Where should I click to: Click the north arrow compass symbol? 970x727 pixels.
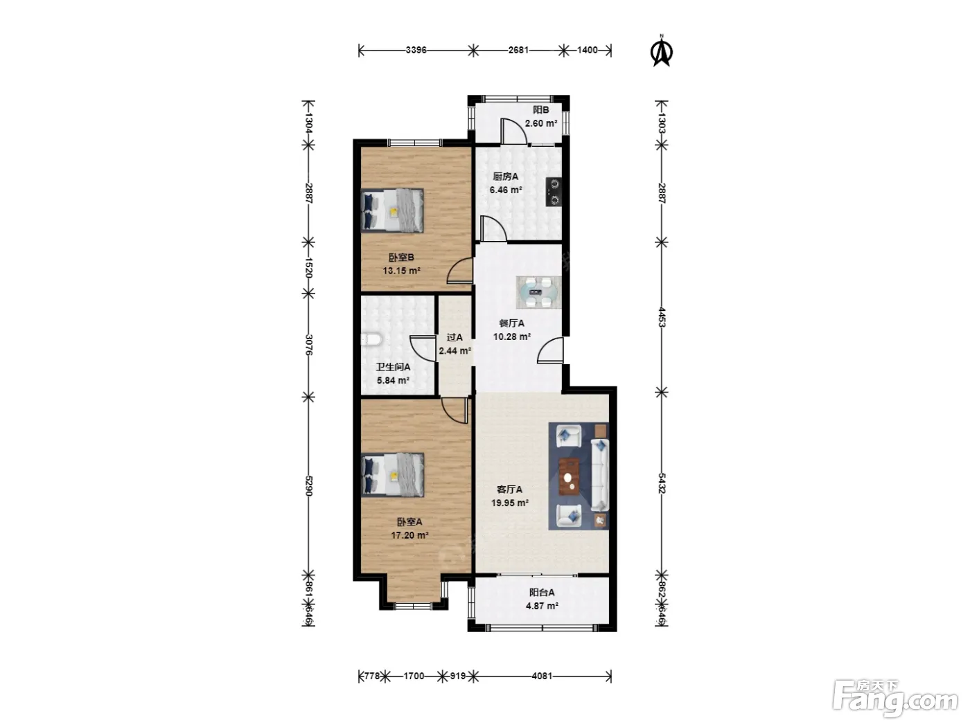tap(661, 52)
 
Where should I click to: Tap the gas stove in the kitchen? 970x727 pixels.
tap(554, 192)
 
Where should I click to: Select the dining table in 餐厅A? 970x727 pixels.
tap(538, 292)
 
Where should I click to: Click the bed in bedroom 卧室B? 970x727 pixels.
tap(392, 210)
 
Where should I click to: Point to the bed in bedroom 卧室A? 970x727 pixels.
tap(392, 475)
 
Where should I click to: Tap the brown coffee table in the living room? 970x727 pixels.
tap(570, 477)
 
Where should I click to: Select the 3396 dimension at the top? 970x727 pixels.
tap(416, 50)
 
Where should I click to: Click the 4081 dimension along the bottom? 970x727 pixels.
tap(542, 676)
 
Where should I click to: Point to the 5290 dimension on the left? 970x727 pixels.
tap(309, 485)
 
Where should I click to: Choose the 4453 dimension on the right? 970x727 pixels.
tap(662, 317)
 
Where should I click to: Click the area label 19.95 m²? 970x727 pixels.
tap(510, 503)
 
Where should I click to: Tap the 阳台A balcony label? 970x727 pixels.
tap(542, 593)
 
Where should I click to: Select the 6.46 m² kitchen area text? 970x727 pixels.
tap(506, 190)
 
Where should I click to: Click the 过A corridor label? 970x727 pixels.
tap(455, 338)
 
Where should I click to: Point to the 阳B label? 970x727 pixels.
tap(540, 110)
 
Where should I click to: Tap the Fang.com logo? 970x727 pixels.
tap(895, 699)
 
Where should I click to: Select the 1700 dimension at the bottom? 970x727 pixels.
tap(414, 676)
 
